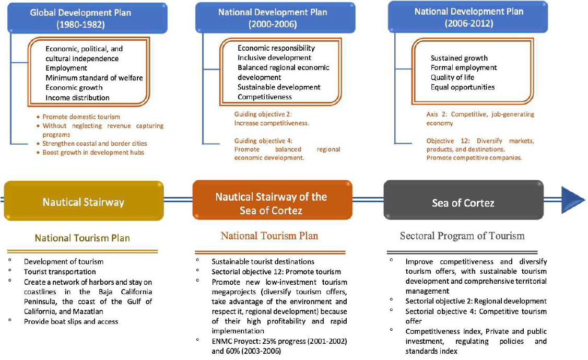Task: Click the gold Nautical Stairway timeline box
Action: (x=84, y=201)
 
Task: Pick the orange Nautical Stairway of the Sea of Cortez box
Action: (x=271, y=203)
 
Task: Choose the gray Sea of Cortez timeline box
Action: (x=463, y=202)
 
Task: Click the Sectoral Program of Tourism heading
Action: (x=462, y=236)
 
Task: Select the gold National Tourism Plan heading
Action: (x=83, y=238)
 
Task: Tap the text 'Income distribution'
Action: (x=77, y=98)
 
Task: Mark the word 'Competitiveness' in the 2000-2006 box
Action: (x=265, y=97)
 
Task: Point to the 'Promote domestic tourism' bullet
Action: (x=81, y=117)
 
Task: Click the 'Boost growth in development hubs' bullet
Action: (x=93, y=152)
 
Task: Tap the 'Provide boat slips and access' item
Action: (x=71, y=321)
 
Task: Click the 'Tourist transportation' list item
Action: (x=60, y=272)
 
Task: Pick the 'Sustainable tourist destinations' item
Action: (x=263, y=261)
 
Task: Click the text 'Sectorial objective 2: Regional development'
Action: (x=476, y=301)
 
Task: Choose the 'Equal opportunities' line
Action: (x=463, y=87)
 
